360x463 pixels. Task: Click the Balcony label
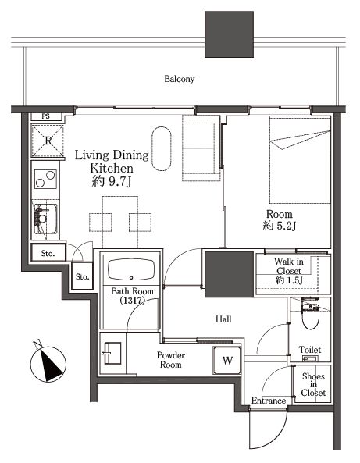(180, 79)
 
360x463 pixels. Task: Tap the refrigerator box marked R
(48, 141)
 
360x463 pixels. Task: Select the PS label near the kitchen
(45, 116)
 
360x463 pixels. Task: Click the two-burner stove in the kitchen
(45, 179)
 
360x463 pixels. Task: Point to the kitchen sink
(45, 219)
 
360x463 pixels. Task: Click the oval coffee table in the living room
(162, 149)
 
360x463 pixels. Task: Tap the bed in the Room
(300, 159)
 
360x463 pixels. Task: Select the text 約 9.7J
(112, 182)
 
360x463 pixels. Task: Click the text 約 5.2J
(279, 226)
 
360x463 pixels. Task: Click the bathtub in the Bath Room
(131, 269)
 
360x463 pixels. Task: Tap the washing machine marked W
(227, 360)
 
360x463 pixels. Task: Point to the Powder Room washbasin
(112, 353)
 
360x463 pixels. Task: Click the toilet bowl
(310, 314)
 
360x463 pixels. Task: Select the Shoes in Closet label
(313, 384)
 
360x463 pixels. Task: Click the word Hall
(223, 319)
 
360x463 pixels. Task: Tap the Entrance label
(269, 401)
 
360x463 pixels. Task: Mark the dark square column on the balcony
(229, 34)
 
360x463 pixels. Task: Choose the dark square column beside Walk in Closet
(229, 274)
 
